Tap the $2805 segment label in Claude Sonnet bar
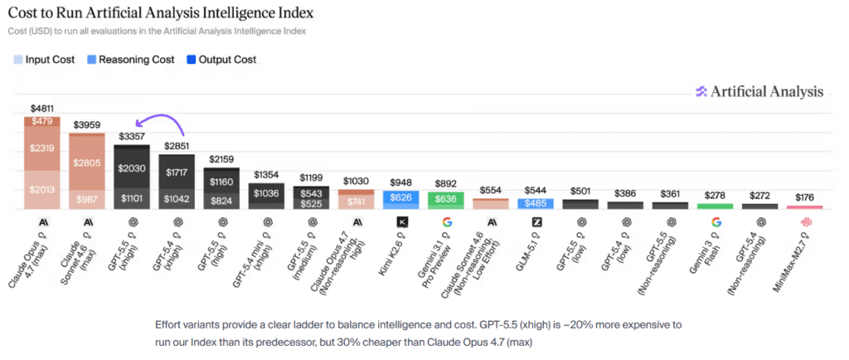click(87, 163)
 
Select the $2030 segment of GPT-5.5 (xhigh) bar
click(131, 168)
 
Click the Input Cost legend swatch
click(17, 60)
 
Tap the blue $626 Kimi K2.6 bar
click(401, 197)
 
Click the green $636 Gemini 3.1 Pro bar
click(446, 199)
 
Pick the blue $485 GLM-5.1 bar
click(536, 203)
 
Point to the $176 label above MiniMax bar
click(805, 197)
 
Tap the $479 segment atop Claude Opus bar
click(42, 122)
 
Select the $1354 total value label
click(266, 174)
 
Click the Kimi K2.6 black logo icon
click(402, 221)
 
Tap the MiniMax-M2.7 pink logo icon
click(805, 221)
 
